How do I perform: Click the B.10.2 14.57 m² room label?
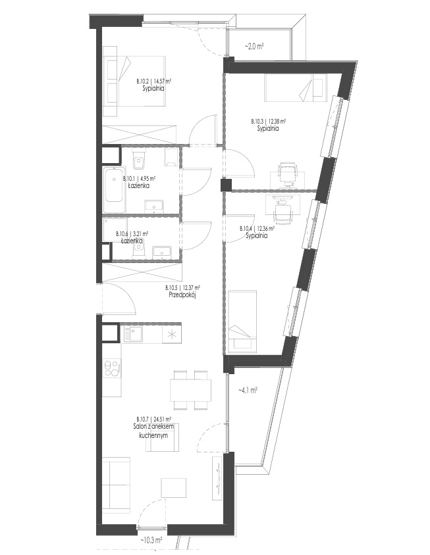(154, 81)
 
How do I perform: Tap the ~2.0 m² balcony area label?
(254, 46)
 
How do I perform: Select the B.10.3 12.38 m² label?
(269, 121)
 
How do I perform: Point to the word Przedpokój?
(182, 294)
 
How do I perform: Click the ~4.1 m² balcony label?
(247, 390)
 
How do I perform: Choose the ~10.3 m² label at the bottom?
(151, 540)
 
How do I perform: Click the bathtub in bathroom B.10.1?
(114, 190)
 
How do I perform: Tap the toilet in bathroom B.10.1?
(138, 161)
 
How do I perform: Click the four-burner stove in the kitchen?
(111, 368)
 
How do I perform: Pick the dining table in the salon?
(190, 390)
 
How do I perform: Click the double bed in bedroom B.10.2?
(134, 81)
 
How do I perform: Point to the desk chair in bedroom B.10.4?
(283, 212)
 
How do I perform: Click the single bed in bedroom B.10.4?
(242, 322)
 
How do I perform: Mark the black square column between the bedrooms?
(226, 185)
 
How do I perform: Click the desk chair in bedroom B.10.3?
(287, 173)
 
